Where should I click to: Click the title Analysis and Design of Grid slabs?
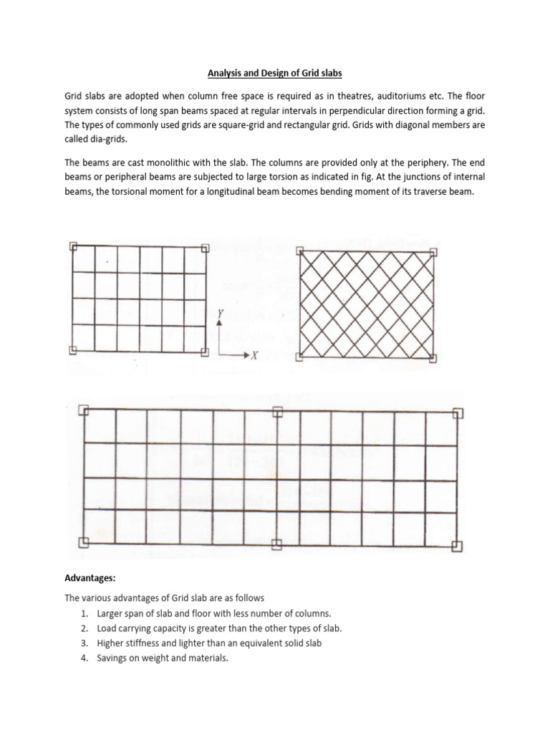coord(274,72)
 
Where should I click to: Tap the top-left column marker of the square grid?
coord(73,246)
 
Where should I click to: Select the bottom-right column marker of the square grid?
coord(206,351)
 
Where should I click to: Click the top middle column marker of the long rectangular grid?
coord(277,412)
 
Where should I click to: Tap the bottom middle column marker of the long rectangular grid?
coord(277,543)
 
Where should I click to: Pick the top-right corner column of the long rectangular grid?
coord(458,413)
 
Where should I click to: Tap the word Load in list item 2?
coord(107,628)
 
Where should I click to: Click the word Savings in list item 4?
coord(112,657)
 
